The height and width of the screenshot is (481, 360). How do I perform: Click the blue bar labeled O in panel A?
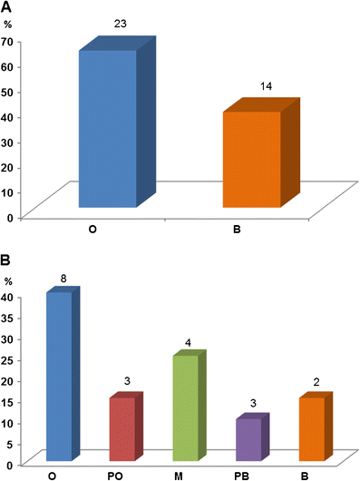(108, 127)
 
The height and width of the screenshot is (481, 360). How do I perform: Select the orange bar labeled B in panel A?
(251, 159)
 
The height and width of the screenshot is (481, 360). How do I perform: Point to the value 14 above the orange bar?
(266, 87)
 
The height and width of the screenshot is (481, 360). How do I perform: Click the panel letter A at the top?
(7, 8)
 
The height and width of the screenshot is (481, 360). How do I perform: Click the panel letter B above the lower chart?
(7, 260)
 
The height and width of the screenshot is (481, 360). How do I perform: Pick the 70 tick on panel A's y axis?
(11, 41)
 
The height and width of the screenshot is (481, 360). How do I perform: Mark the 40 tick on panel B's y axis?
(11, 297)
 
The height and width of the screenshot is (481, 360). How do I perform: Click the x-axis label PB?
(248, 473)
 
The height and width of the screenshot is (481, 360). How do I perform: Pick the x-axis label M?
(184, 473)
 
